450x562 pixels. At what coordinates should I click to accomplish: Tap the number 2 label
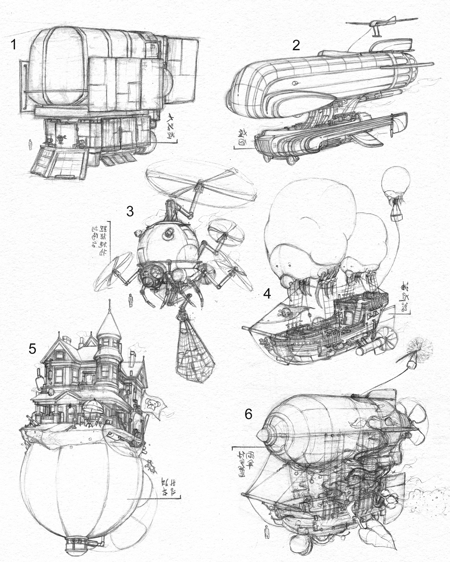point(296,45)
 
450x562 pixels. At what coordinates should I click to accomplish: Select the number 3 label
point(130,211)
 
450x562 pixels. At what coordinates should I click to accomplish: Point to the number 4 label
point(267,293)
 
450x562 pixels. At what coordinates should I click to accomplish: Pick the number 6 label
point(248,414)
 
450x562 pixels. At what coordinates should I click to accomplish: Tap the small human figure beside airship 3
point(131,300)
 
